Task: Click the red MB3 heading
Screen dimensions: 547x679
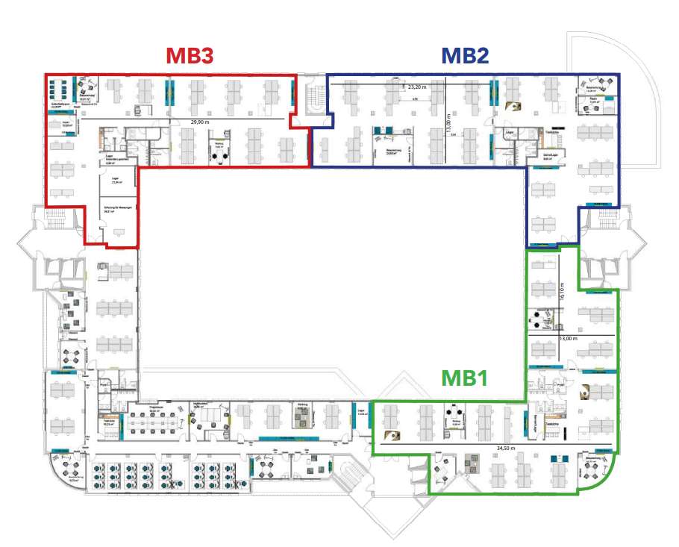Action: coord(190,57)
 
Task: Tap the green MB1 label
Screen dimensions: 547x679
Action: coord(464,378)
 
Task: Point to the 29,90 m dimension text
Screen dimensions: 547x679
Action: coord(200,121)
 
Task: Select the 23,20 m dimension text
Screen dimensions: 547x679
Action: coord(418,87)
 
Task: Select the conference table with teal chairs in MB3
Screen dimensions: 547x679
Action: coord(60,88)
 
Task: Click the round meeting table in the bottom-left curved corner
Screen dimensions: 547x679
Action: coord(72,469)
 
